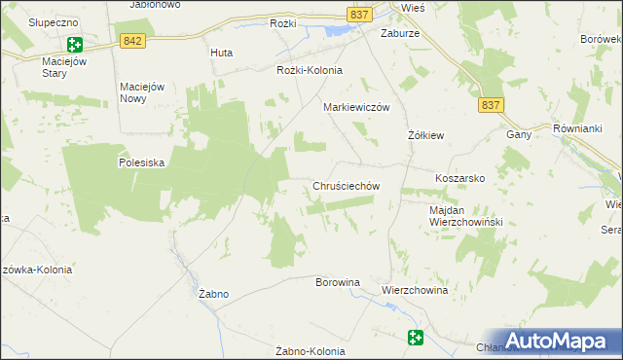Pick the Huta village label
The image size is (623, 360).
pyautogui.click(x=221, y=53)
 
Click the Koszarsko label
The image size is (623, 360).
pyautogui.click(x=459, y=179)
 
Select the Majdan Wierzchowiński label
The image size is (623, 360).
pyautogui.click(x=464, y=216)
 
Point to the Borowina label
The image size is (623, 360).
pyautogui.click(x=337, y=282)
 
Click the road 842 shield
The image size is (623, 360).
pyautogui.click(x=134, y=40)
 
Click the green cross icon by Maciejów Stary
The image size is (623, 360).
pyautogui.click(x=75, y=44)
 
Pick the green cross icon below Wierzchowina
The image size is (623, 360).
pyautogui.click(x=416, y=338)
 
